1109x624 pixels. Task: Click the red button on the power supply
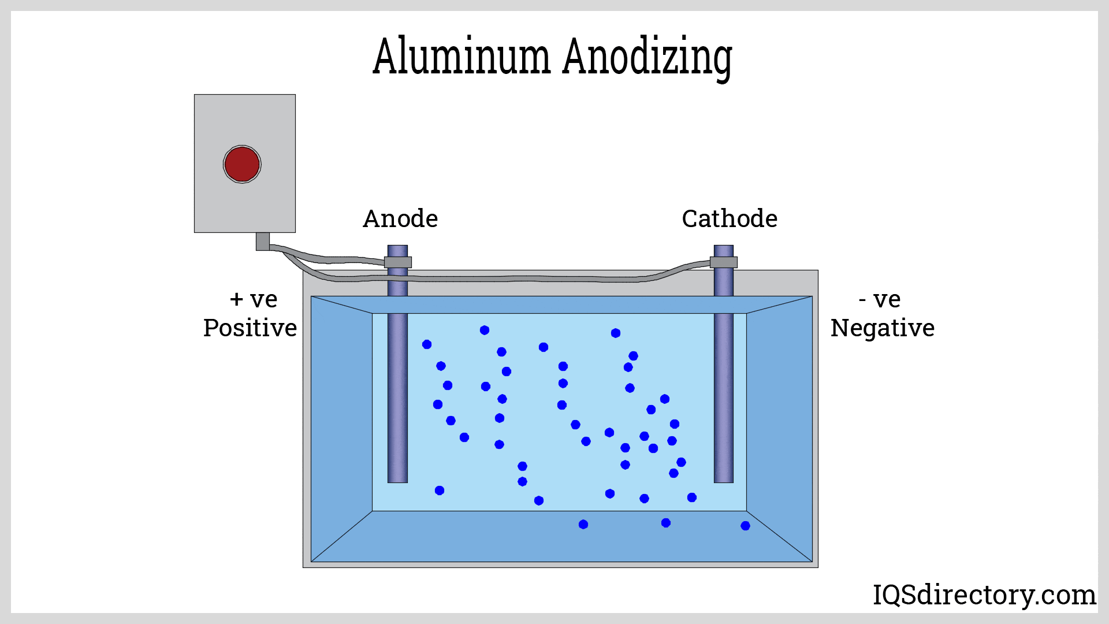pos(242,164)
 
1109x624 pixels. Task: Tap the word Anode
pos(400,219)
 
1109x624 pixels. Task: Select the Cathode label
pos(730,219)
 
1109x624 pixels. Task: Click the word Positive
pos(250,328)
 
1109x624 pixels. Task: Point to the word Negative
pos(882,328)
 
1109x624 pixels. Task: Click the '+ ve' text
pos(254,299)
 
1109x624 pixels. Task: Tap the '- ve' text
pos(879,299)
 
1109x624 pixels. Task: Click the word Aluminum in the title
pos(461,57)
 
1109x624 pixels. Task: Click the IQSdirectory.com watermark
pos(984,595)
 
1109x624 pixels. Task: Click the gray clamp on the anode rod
pos(398,262)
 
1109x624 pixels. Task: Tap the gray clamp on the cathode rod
pos(724,262)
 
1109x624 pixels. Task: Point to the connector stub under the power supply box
pos(263,241)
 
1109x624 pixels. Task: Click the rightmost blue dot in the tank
pos(745,526)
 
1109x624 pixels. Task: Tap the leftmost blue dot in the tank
pos(427,344)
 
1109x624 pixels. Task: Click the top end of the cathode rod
pos(724,250)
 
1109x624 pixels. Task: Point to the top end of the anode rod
pos(397,250)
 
